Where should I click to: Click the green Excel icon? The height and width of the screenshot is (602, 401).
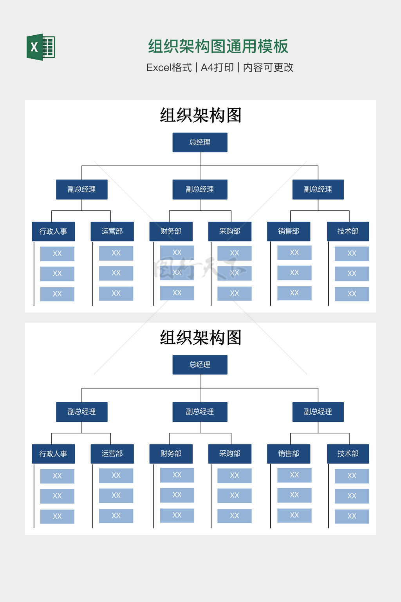(x=41, y=47)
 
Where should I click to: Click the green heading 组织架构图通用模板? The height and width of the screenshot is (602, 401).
(x=218, y=47)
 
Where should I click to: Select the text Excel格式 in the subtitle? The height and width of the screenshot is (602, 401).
(x=169, y=68)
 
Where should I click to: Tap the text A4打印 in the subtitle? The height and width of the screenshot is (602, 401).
(x=217, y=68)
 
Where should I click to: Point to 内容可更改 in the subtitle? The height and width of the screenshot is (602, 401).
(x=268, y=68)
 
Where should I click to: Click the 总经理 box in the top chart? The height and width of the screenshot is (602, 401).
(x=200, y=142)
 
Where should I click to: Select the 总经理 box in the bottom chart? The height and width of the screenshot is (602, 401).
(x=200, y=364)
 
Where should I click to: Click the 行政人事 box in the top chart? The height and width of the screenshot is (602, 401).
(x=53, y=231)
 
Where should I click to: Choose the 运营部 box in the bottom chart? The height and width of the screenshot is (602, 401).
(x=112, y=453)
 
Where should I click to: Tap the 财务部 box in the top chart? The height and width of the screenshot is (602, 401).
(x=171, y=231)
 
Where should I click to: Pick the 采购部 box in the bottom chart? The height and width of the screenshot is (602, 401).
(x=229, y=453)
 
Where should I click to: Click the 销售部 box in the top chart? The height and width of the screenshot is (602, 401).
(x=289, y=231)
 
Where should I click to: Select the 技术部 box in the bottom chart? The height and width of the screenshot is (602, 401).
(x=348, y=453)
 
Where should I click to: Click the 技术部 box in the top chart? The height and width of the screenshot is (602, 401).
(x=348, y=231)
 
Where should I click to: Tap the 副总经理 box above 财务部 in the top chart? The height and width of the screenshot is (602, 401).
(x=200, y=189)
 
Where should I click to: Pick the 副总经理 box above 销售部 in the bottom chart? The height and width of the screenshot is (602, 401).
(x=318, y=412)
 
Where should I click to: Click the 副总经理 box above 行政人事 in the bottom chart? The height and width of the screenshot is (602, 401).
(x=82, y=412)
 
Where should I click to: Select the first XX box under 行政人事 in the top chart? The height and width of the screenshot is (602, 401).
(x=57, y=254)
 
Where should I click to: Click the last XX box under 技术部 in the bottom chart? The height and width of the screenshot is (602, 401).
(x=352, y=516)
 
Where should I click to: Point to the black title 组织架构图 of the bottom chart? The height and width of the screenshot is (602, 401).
(x=200, y=337)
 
